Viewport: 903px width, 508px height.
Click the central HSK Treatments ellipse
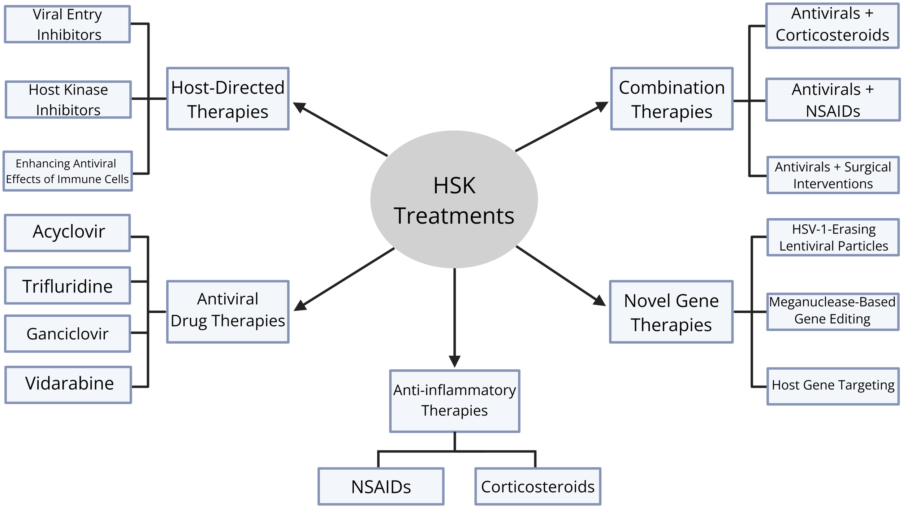pos(454,199)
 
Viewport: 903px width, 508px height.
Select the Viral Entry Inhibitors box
pos(68,24)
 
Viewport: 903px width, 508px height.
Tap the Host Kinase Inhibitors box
pos(68,100)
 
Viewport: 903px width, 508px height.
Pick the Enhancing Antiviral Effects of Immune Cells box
pos(68,171)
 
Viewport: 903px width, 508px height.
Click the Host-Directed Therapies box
pos(228,99)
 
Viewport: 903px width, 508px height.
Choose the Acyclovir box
pos(68,233)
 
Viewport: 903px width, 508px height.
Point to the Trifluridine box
pos(68,286)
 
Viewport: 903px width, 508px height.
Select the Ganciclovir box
pos(68,334)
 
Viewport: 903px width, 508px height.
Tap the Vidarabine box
pos(68,385)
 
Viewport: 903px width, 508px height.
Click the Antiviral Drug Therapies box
pos(228,312)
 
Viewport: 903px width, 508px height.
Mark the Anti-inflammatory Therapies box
pos(454,401)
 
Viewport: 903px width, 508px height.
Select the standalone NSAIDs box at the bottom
pos(381,486)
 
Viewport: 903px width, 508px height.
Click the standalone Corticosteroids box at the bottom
pos(538,486)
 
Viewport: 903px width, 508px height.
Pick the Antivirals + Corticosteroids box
pos(832,26)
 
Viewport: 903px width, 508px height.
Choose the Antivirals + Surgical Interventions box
pos(833,175)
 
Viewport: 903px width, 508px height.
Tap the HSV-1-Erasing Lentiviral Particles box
pos(833,237)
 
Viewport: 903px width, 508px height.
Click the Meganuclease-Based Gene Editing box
pos(833,312)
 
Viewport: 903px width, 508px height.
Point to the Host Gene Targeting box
pos(833,386)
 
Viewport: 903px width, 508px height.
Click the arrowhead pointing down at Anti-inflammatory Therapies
pos(454,361)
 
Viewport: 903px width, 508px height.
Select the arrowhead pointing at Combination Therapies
pos(602,106)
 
